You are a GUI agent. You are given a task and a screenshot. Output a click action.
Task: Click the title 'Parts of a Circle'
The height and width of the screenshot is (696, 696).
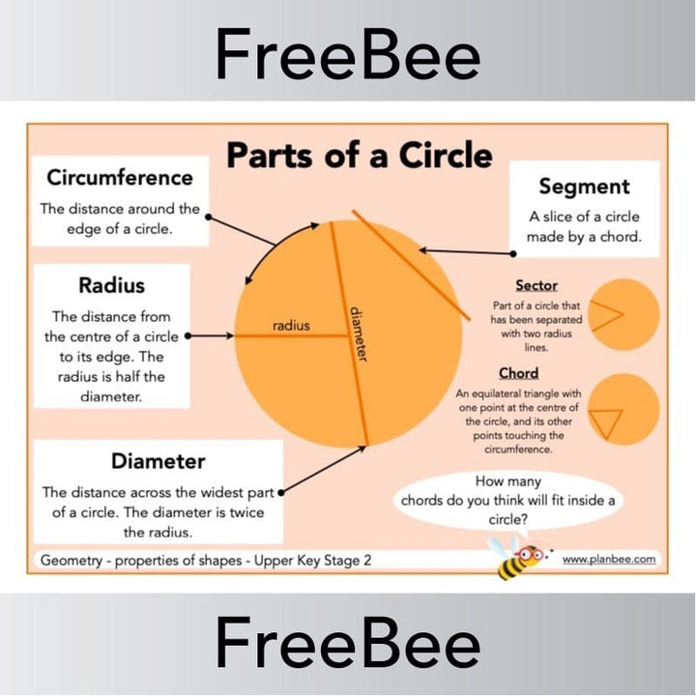point(359,155)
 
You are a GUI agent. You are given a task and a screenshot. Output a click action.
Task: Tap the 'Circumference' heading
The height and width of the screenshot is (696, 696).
point(120,178)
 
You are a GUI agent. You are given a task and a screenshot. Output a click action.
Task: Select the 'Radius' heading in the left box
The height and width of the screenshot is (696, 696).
point(111,285)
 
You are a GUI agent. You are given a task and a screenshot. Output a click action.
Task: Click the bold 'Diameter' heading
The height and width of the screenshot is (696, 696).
point(158,460)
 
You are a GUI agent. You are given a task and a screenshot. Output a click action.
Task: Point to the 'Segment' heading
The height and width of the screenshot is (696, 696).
point(584,187)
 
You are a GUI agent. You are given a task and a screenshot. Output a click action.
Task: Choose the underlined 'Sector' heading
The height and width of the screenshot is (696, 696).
point(536,286)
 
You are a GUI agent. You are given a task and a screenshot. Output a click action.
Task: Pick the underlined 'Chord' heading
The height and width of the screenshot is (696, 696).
point(518,373)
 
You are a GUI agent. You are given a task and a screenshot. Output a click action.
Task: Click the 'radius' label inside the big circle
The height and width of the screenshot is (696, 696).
point(290,326)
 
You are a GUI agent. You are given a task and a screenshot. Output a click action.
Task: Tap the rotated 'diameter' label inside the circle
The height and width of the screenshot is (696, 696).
point(359,334)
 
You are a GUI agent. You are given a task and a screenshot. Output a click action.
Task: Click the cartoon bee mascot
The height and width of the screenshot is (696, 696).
point(519,558)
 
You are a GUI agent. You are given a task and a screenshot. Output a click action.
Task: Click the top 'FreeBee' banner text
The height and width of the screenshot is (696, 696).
point(347,53)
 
